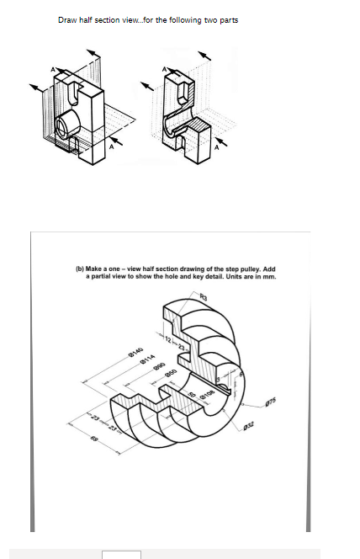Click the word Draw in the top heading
tap(67, 20)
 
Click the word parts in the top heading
tap(228, 20)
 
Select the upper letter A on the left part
tap(56, 69)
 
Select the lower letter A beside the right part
tap(217, 148)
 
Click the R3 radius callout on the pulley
tap(203, 296)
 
